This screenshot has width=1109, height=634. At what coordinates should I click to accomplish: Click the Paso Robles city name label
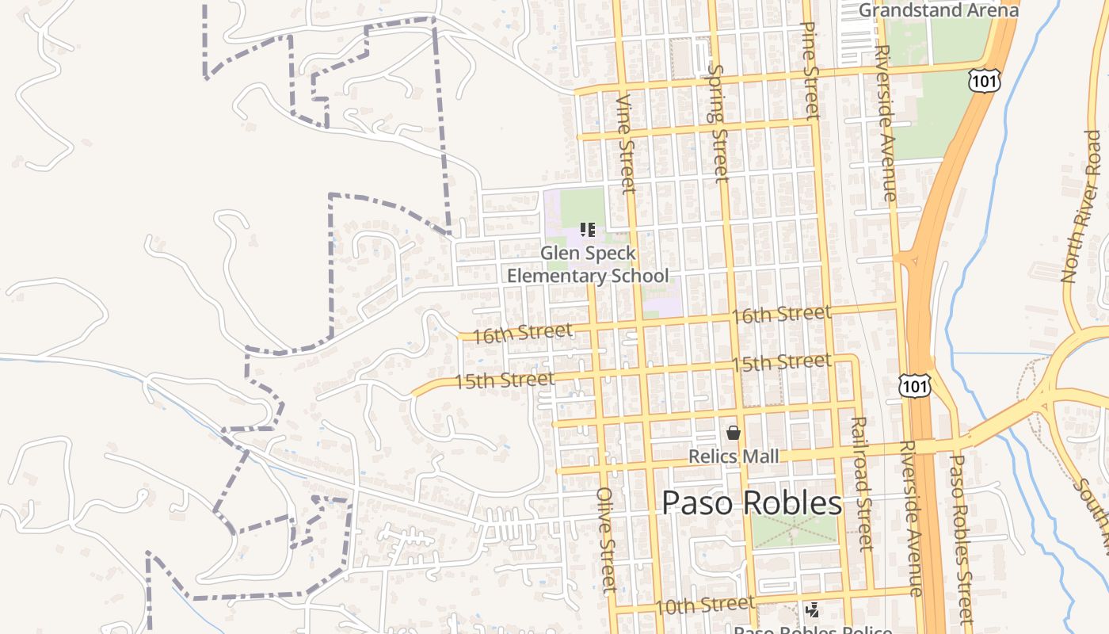click(x=752, y=503)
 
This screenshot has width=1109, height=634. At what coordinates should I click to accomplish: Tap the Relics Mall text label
click(x=734, y=456)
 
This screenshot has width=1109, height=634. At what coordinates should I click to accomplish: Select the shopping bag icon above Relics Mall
click(x=734, y=433)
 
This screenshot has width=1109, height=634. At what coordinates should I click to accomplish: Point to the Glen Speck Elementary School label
click(x=588, y=265)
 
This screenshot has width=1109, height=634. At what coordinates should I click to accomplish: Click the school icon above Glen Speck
click(x=588, y=230)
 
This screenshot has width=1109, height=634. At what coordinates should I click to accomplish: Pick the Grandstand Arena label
click(x=939, y=10)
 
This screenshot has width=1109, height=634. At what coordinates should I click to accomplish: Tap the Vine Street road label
click(x=627, y=143)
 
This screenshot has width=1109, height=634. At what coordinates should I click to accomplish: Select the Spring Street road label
click(x=718, y=123)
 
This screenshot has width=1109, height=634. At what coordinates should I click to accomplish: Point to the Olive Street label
click(x=607, y=539)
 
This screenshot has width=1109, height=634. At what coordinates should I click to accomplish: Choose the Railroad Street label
click(x=862, y=483)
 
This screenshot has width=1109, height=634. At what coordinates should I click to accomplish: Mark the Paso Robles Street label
click(x=961, y=539)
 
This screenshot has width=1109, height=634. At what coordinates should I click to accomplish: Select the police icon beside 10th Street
click(x=812, y=610)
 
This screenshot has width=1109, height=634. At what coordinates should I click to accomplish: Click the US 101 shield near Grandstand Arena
click(x=983, y=80)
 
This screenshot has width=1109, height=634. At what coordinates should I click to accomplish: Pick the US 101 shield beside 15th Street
click(x=915, y=386)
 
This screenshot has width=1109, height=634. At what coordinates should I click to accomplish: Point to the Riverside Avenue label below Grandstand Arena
click(x=886, y=123)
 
